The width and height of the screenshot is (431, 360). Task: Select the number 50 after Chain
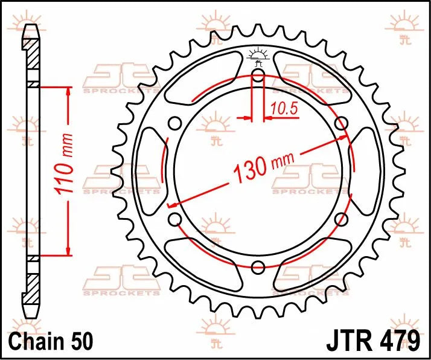(81, 341)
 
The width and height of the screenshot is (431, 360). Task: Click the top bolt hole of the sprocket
(258, 76)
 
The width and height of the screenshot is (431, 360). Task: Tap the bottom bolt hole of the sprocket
(258, 267)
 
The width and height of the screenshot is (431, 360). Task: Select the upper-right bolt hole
(341, 124)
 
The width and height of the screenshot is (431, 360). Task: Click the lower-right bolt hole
(341, 219)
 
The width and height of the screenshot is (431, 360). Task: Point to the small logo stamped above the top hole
(258, 56)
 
